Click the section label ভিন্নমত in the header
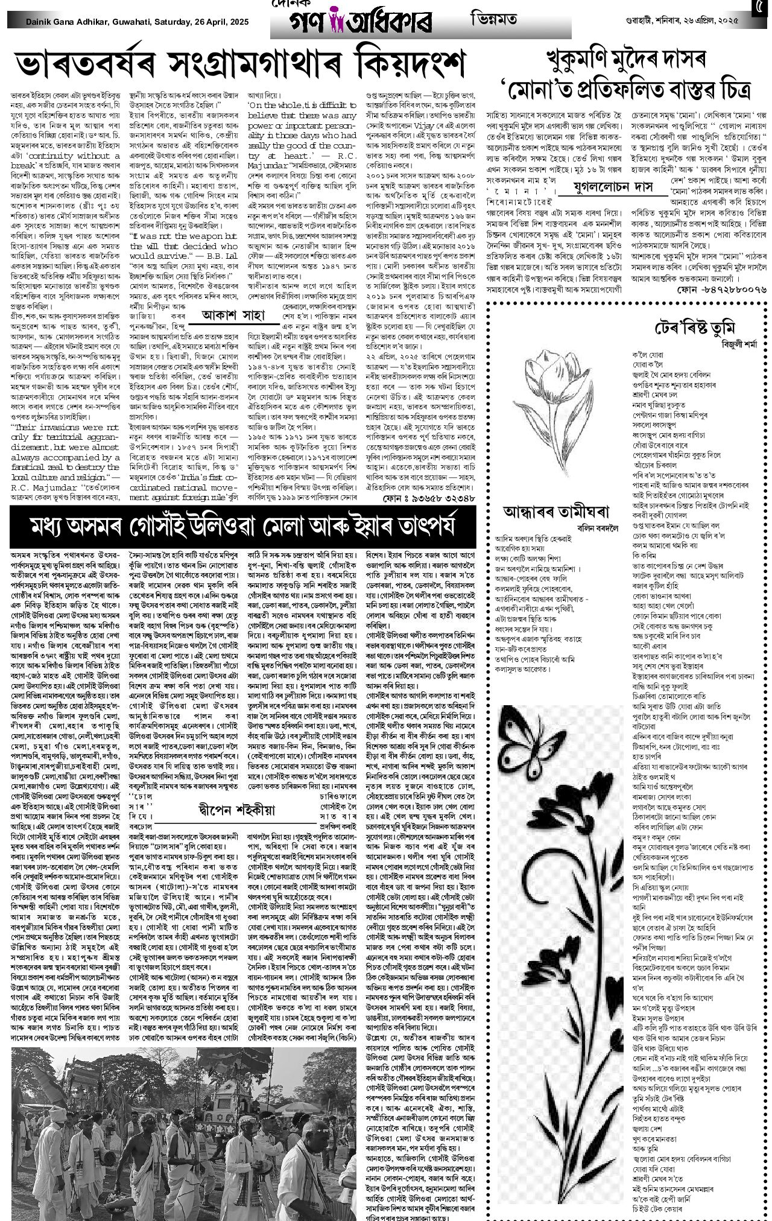point(493,19)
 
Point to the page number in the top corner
point(762,10)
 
